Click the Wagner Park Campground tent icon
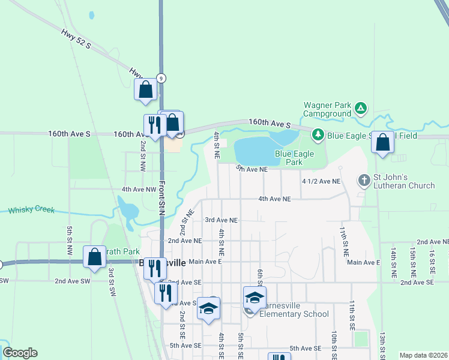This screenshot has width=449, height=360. click(x=360, y=109)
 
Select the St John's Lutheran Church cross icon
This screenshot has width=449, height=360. click(x=364, y=180)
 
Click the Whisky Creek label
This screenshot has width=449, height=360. click(x=31, y=210)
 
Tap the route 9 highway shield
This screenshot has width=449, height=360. click(x=161, y=78)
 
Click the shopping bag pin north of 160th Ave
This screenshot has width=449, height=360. click(x=146, y=90)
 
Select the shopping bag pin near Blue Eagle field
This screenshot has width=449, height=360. click(x=382, y=143)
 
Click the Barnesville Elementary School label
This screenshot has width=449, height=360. click(x=295, y=309)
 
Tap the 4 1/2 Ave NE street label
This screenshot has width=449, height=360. click(x=321, y=181)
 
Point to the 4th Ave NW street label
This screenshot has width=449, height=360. click(x=139, y=189)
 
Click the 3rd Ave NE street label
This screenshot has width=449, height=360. click(x=221, y=220)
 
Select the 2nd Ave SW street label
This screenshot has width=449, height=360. click(x=72, y=281)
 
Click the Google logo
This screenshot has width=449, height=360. click(x=20, y=353)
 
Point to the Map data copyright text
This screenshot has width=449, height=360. click(x=423, y=355)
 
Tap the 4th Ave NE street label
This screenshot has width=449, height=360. click(x=274, y=199)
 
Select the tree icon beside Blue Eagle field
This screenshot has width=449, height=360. click(x=318, y=134)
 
